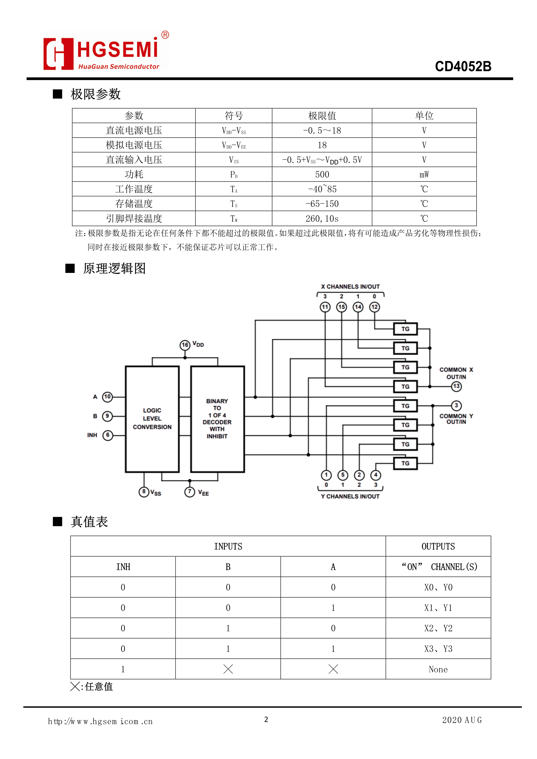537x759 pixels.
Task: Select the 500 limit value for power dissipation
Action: point(322,174)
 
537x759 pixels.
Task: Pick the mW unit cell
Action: point(424,174)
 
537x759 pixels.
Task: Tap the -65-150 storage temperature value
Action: point(322,204)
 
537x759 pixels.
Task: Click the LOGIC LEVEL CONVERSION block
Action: point(152,419)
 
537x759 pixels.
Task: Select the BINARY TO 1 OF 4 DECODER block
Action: point(217,419)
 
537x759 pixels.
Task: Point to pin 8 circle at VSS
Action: point(144,491)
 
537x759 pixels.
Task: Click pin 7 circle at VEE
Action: point(189,491)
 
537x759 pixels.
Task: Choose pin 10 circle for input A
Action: point(107,397)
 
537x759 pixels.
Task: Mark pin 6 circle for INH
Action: point(107,435)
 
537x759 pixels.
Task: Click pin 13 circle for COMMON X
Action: point(456,386)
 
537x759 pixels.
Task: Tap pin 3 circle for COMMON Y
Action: point(456,405)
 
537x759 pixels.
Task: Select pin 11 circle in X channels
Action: point(325,307)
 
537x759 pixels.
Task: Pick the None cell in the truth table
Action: point(438,669)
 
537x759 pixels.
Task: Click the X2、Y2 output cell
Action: point(438,628)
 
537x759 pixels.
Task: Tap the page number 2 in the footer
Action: point(266,719)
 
